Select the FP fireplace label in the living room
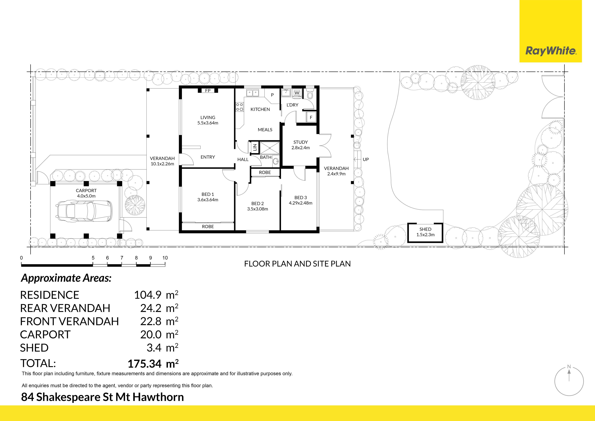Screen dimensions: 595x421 coord(208,91)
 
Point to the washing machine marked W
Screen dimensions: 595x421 coord(297,93)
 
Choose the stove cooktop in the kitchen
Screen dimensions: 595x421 coord(239,107)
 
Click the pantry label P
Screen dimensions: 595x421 coord(272,95)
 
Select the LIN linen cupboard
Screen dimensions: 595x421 coord(255,147)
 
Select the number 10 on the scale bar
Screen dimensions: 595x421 coord(165,258)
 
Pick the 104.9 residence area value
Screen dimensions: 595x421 coord(148,295)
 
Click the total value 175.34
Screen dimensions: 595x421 coord(145,364)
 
